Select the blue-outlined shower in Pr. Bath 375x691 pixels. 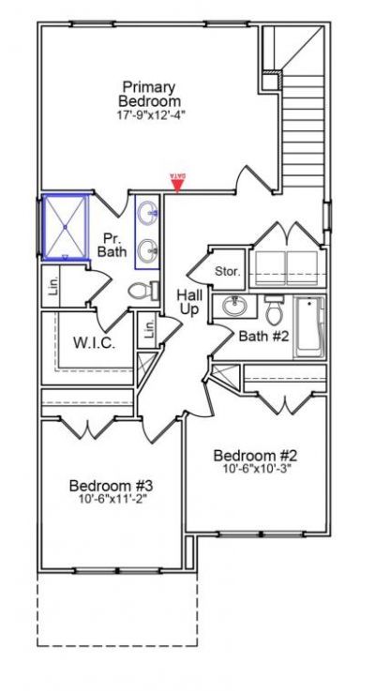click(x=66, y=227)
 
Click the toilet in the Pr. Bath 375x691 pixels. click(x=141, y=292)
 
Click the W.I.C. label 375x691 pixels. click(x=95, y=343)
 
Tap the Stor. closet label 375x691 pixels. click(x=229, y=272)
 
